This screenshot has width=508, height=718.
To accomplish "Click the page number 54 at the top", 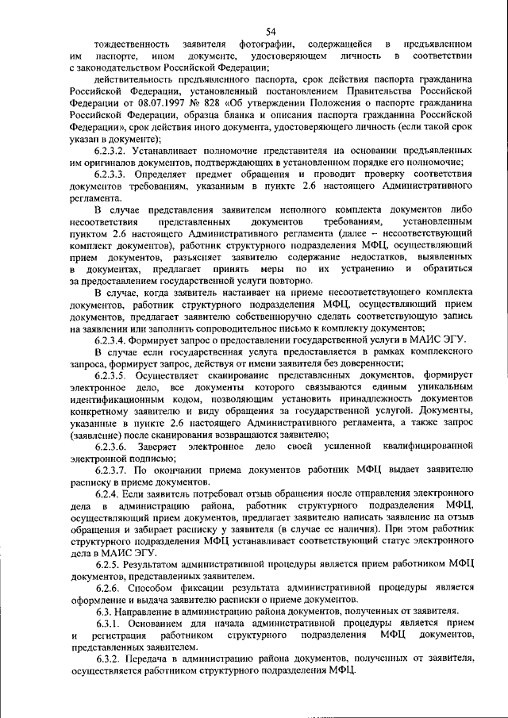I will pyautogui.click(x=271, y=31).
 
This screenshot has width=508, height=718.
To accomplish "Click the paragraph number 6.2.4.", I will pyautogui.click(x=112, y=494).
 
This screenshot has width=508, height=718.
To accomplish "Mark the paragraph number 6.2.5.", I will pyautogui.click(x=112, y=563).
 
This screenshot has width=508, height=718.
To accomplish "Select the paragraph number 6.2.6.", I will pyautogui.click(x=112, y=587).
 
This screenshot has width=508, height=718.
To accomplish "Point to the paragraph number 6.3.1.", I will pyautogui.click(x=112, y=623).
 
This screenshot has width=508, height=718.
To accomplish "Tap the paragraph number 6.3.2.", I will pyautogui.click(x=112, y=658).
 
